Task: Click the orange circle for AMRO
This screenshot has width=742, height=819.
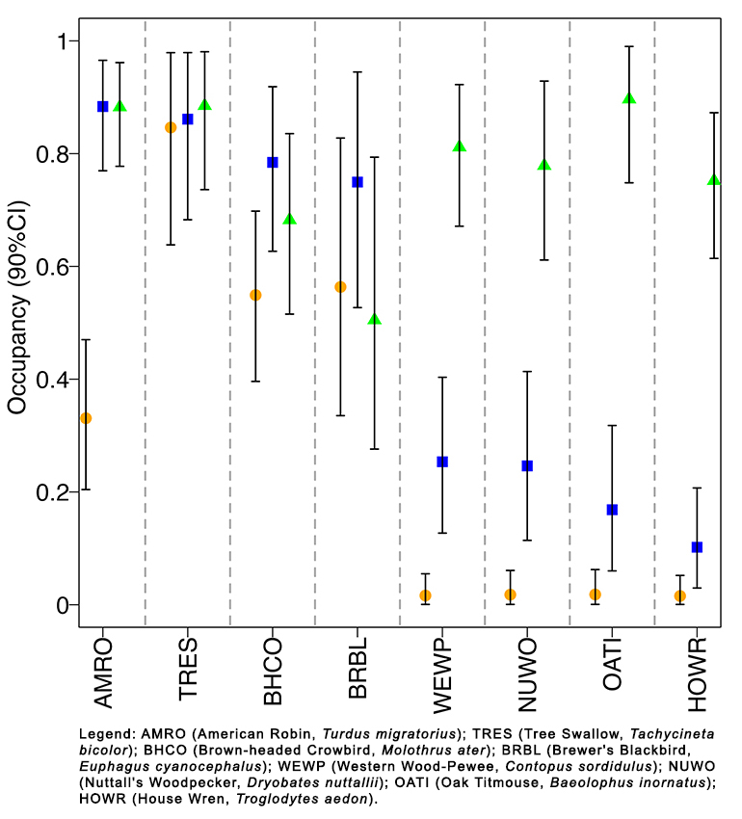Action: click(86, 418)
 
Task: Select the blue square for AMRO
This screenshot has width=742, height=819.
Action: click(103, 106)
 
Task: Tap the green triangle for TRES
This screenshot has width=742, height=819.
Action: click(204, 104)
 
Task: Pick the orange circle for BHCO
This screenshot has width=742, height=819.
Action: click(255, 295)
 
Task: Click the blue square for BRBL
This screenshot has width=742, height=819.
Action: click(358, 182)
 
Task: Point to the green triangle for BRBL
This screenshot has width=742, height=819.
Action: click(375, 319)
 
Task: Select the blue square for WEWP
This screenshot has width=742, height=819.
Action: click(442, 462)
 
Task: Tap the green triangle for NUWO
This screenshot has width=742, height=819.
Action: click(544, 165)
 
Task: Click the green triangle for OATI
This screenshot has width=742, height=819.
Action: click(629, 98)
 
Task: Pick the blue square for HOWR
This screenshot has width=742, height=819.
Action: click(698, 547)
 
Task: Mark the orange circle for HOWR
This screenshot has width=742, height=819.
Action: click(680, 596)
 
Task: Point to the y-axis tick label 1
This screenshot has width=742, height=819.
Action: click(61, 41)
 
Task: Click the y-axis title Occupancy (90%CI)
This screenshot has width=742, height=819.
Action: click(16, 324)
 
